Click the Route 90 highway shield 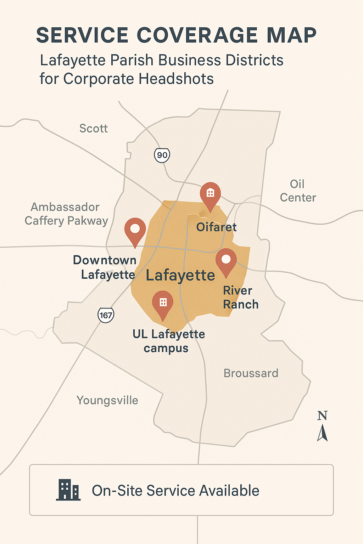[162, 155]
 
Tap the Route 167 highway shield [106, 315]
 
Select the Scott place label [94, 129]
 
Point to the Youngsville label [107, 401]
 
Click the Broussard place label [251, 373]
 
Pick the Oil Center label [298, 191]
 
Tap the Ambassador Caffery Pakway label [66, 214]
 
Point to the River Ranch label [240, 297]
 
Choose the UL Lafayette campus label [168, 341]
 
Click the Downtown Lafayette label [105, 267]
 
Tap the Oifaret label [216, 227]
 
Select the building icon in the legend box [68, 490]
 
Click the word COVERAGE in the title [197, 35]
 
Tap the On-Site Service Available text [175, 491]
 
